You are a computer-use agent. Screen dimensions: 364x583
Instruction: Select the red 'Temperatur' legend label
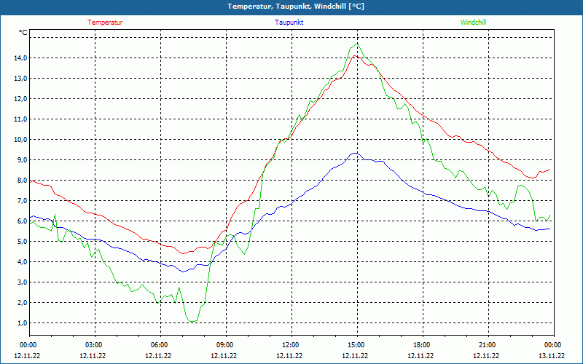105,23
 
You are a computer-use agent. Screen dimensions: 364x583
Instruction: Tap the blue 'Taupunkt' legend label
289,23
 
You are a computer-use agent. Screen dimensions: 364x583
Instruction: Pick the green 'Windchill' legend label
474,23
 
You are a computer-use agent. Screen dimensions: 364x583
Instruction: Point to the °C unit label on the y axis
23,33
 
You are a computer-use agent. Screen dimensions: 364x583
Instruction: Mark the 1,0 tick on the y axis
20,323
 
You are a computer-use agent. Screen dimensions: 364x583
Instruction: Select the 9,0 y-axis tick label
20,160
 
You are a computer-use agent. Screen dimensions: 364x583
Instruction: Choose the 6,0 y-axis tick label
20,221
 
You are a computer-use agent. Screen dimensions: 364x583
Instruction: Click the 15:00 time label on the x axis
355,345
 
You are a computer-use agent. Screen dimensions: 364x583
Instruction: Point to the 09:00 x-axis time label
224,345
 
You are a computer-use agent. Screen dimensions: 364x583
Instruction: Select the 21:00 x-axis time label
486,345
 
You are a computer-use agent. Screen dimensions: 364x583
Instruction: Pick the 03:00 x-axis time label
93,345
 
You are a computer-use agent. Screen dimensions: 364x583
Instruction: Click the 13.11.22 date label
552,356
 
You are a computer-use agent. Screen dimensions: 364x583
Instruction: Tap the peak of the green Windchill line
358,44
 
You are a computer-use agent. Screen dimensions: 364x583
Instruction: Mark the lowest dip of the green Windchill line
192,321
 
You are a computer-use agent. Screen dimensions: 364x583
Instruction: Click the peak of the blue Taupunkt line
355,153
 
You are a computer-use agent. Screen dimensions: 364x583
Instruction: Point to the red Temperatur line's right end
550,169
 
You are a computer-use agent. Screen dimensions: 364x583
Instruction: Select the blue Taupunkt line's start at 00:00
30,218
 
